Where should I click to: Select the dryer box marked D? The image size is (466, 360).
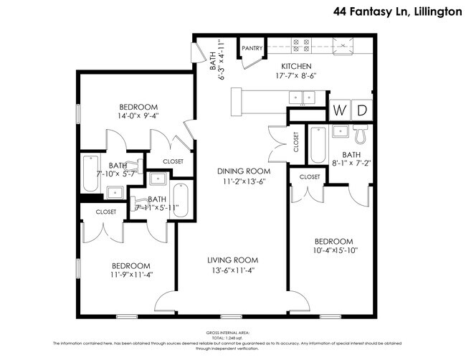(363, 110)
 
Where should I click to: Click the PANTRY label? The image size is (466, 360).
(252, 49)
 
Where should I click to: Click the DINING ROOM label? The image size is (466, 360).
(244, 171)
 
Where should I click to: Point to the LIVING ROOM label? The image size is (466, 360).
(233, 260)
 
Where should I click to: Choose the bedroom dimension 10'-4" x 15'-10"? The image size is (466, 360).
(334, 251)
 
